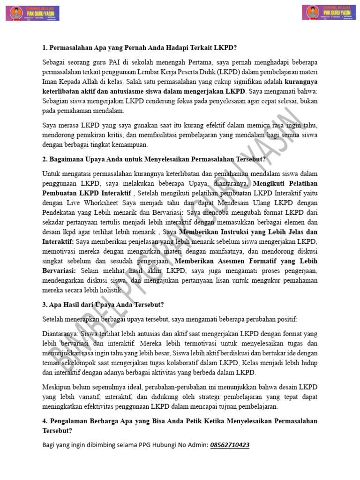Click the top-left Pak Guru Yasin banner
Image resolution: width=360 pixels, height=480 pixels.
pos(32,13)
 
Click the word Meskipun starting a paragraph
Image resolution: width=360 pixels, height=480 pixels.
pos(58,387)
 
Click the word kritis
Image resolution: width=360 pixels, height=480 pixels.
pos(115,135)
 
